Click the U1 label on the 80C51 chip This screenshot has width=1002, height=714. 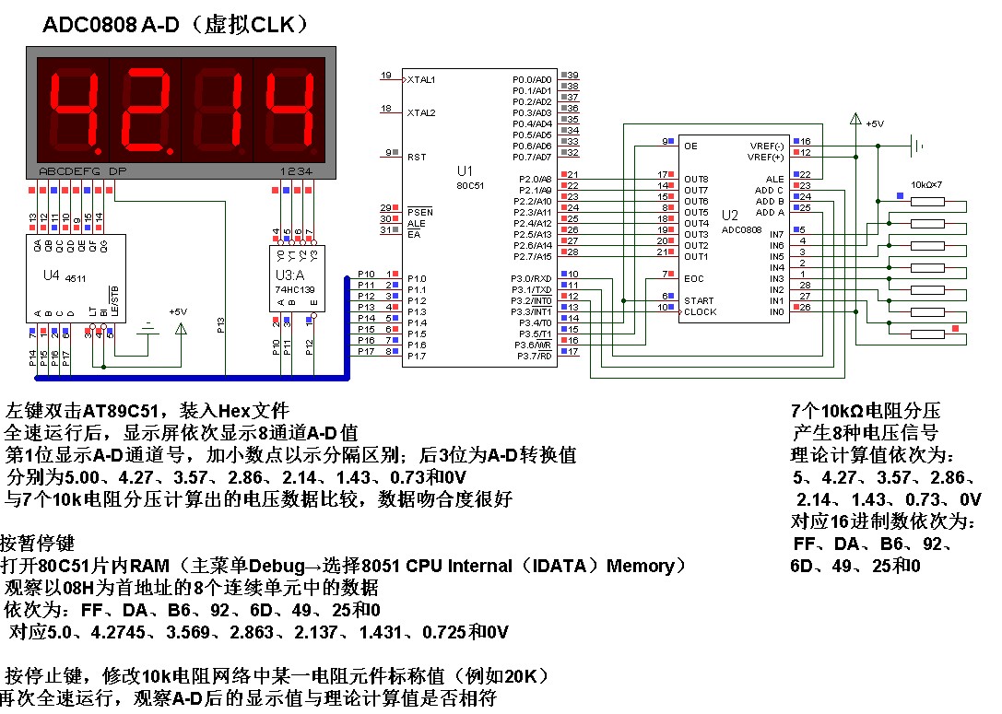point(465,171)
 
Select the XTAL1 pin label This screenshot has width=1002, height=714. point(421,80)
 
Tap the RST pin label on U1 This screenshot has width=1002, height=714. point(416,158)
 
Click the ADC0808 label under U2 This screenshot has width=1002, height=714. point(743,229)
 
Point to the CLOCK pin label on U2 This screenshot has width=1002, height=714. point(701,312)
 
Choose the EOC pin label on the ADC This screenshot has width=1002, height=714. point(694,278)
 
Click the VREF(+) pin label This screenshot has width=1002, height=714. point(766,157)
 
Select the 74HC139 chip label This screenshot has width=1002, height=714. point(293,289)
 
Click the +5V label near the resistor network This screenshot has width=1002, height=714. point(875,123)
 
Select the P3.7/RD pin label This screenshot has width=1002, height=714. point(534,356)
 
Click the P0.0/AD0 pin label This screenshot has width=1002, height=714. point(532,80)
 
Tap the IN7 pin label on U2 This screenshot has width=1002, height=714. point(776,234)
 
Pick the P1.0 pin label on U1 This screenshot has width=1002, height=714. point(416,278)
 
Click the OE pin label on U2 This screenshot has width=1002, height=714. point(690,146)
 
